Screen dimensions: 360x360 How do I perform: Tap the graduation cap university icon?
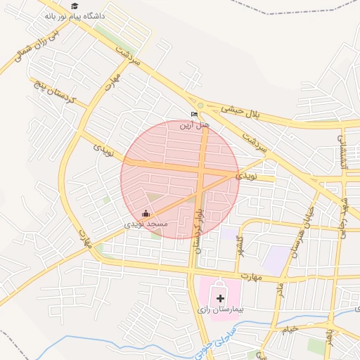[x=74, y=6]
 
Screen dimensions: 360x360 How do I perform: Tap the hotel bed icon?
[x=194, y=114]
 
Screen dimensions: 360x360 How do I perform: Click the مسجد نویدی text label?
[x=146, y=224]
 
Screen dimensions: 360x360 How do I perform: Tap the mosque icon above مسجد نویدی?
[x=146, y=213]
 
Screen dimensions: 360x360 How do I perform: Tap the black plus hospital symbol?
[x=220, y=298]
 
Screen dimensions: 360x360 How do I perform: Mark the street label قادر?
[x=278, y=289]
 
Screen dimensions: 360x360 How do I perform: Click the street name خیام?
[x=290, y=328]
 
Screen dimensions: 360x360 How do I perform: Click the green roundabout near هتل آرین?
[x=200, y=106]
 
